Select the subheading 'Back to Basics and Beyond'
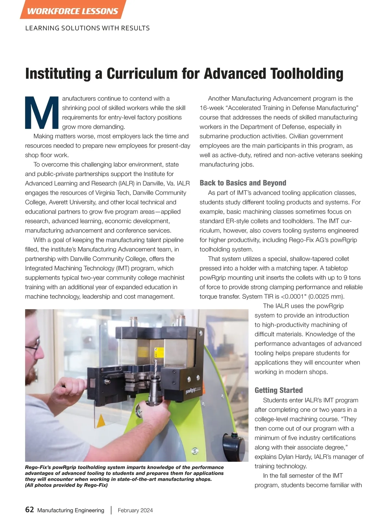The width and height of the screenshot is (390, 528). point(243,183)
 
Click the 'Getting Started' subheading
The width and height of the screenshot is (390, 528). point(279,390)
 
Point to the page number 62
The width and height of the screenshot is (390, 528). point(30,510)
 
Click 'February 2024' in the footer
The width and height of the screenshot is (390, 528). point(135,510)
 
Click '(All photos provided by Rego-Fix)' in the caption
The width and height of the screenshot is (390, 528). point(66,485)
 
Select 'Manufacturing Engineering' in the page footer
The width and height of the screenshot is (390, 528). point(71,510)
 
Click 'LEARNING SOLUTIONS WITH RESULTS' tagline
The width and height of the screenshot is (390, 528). point(87,28)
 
